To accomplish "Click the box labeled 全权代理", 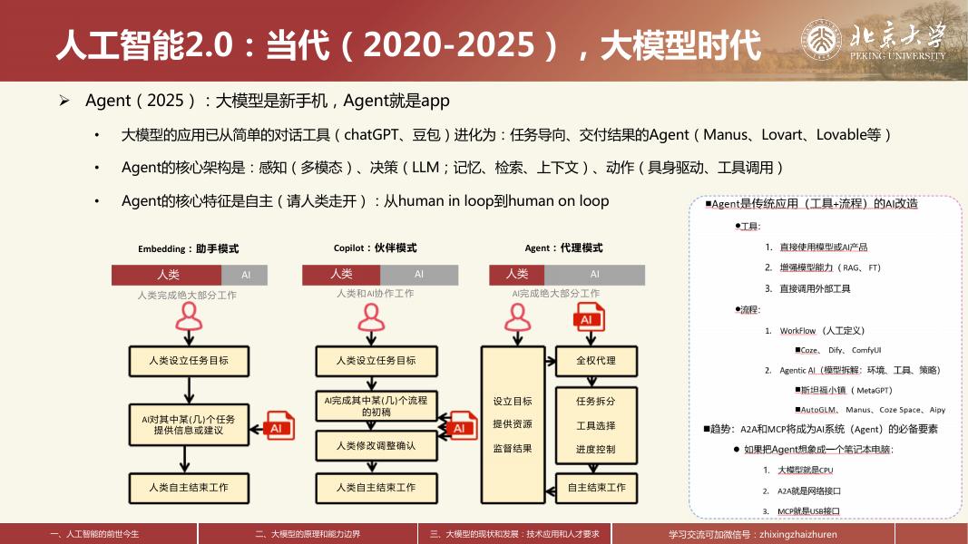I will [x=595, y=360].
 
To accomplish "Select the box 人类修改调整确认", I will [x=376, y=445].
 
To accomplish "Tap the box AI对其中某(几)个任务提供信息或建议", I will [x=188, y=424].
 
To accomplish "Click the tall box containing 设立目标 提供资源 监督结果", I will [x=513, y=424].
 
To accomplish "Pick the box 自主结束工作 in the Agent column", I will [x=596, y=487].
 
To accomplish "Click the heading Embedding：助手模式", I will [x=188, y=248].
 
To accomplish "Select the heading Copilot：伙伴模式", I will [x=375, y=248].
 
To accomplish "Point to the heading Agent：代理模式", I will [x=563, y=248].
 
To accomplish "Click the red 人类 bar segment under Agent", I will [x=517, y=274].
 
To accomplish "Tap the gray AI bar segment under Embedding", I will [x=246, y=274].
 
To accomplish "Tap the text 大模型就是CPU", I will [x=805, y=471].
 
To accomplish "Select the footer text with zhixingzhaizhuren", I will [x=752, y=534].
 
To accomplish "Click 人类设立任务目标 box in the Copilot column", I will [x=376, y=360].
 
